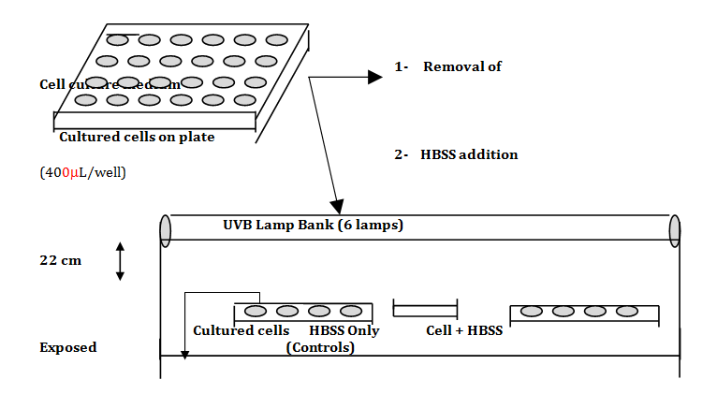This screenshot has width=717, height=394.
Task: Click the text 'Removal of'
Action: (462, 66)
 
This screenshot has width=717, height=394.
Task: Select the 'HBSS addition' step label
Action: (469, 154)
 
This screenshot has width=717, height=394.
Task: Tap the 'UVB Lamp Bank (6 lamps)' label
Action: (313, 225)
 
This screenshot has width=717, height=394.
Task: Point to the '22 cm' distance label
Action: (61, 260)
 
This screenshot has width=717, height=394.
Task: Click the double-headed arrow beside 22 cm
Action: (120, 261)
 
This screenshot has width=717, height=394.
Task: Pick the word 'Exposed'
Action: (67, 347)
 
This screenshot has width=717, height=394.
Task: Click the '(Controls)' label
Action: (320, 347)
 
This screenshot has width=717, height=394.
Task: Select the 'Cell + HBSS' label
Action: (464, 330)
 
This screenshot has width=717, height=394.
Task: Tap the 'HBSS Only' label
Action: (344, 330)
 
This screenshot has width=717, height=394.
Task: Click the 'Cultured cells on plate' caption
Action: (137, 137)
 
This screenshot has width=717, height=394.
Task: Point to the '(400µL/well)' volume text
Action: (82, 172)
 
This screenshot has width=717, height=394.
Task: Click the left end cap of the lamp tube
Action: (166, 231)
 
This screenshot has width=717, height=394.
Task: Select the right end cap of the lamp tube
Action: (674, 231)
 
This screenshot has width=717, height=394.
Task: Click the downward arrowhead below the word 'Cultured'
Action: (185, 354)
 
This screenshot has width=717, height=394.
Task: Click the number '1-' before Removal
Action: (402, 66)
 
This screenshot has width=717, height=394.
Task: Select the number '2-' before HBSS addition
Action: (402, 154)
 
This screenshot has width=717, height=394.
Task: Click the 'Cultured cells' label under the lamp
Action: (241, 330)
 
